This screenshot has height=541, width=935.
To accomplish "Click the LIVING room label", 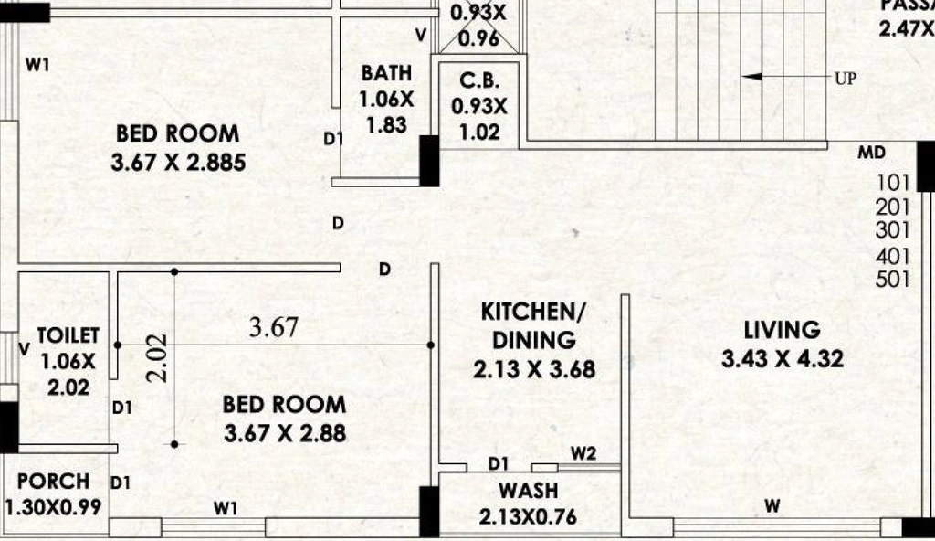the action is (782, 330).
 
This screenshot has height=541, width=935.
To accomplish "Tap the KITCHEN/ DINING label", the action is (533, 326).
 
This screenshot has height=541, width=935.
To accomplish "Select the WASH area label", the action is (529, 490).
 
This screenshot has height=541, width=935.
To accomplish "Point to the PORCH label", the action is (53, 482).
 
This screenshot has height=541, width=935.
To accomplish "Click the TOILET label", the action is (68, 335).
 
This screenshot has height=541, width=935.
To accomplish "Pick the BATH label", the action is (386, 73).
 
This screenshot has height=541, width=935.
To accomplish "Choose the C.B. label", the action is (479, 80).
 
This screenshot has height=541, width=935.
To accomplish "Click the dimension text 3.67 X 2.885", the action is (178, 163).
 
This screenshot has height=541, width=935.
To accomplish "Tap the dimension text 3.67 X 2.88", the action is (285, 433).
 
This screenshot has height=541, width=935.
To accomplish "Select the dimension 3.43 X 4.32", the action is (783, 359).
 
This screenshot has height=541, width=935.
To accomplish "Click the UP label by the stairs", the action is (846, 79).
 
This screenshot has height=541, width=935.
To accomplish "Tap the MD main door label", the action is (872, 153).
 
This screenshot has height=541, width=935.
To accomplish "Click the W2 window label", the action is (583, 454).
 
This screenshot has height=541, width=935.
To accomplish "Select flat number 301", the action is (893, 230).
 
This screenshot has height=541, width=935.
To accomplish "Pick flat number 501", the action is (893, 280).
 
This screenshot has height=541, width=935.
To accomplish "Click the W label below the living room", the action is (772, 506).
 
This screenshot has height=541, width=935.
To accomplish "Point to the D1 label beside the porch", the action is (120, 483).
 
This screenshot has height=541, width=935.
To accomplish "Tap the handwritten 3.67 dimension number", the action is (274, 327).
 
